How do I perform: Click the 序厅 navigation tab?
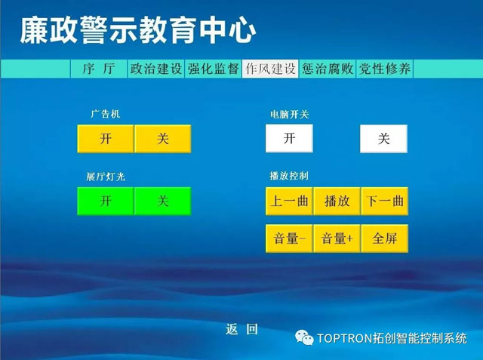tap(99, 69)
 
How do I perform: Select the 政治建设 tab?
tap(156, 69)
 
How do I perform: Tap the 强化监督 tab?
tap(213, 69)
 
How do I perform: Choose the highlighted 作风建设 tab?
tap(270, 69)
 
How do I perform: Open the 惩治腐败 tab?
tap(328, 69)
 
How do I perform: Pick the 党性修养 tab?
tap(384, 69)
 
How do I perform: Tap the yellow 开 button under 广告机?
tap(106, 139)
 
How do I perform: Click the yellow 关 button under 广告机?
tap(163, 139)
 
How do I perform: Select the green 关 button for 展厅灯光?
tap(163, 201)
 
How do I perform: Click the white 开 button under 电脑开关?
tap(289, 138)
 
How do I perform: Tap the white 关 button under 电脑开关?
tap(384, 139)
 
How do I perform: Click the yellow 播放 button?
tap(337, 201)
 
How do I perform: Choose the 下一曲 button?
tap(385, 201)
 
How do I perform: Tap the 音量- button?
tap(289, 238)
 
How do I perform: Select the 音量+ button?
tap(337, 238)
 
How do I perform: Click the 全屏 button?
tap(385, 238)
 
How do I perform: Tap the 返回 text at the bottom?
tap(241, 329)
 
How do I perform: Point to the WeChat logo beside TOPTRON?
tap(304, 337)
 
